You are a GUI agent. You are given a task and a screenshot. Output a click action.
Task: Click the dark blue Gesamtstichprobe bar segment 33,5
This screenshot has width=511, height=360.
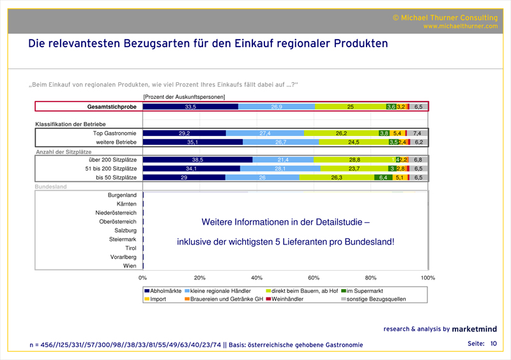[x=190, y=107]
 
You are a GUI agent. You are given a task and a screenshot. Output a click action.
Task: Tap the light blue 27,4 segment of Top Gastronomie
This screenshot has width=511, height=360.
[x=265, y=133]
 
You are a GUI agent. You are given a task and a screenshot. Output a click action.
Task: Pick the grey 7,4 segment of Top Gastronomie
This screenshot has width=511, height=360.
[x=417, y=133]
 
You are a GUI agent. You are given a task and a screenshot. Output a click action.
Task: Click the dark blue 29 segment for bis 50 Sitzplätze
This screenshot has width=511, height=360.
[x=184, y=177]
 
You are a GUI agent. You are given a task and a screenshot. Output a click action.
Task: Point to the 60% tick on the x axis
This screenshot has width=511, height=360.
[x=314, y=278]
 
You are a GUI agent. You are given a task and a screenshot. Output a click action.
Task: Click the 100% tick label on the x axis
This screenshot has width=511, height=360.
[x=428, y=278]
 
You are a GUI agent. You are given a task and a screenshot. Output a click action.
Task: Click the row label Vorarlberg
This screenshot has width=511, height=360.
[x=123, y=257]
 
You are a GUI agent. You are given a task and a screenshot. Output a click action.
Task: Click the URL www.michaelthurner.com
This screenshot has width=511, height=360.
[x=460, y=26]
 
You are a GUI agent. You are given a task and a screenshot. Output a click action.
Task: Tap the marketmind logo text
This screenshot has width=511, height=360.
[x=475, y=329]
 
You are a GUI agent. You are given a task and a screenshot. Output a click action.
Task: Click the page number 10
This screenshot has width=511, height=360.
[x=493, y=344]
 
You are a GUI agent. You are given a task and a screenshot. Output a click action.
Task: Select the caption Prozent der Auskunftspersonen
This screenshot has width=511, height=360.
[x=184, y=96]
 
